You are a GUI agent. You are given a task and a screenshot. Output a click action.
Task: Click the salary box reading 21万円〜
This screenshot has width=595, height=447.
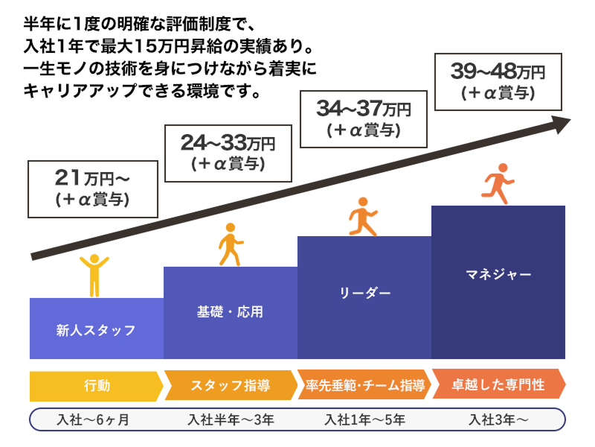pyautogui.click(x=93, y=188)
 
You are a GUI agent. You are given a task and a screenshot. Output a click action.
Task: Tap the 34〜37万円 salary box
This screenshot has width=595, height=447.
pyautogui.click(x=363, y=118)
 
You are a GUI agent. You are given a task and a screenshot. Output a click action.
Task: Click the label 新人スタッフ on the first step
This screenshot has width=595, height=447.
pyautogui.click(x=96, y=330)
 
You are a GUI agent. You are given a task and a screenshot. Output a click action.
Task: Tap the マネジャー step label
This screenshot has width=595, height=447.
pyautogui.click(x=498, y=274)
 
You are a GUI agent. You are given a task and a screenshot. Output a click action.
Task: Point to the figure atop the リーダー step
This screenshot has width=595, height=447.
pyautogui.click(x=363, y=217)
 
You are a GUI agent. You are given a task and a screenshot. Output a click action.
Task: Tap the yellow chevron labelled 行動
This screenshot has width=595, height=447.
pyautogui.click(x=95, y=385)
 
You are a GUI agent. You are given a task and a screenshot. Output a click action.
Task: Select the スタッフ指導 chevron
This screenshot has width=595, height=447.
pyautogui.click(x=229, y=385)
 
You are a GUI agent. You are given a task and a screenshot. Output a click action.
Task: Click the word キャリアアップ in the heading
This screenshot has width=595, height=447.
pyautogui.click(x=82, y=93)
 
